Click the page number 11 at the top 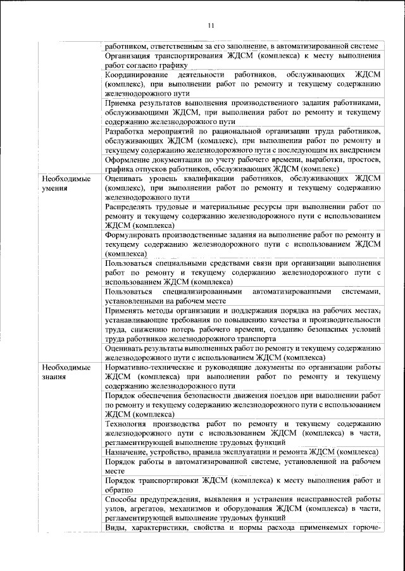click(211, 25)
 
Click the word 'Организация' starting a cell click(129, 56)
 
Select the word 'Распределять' click(130, 207)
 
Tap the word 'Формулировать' click(134, 235)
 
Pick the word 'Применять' click(127, 310)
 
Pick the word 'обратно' click(120, 489)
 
